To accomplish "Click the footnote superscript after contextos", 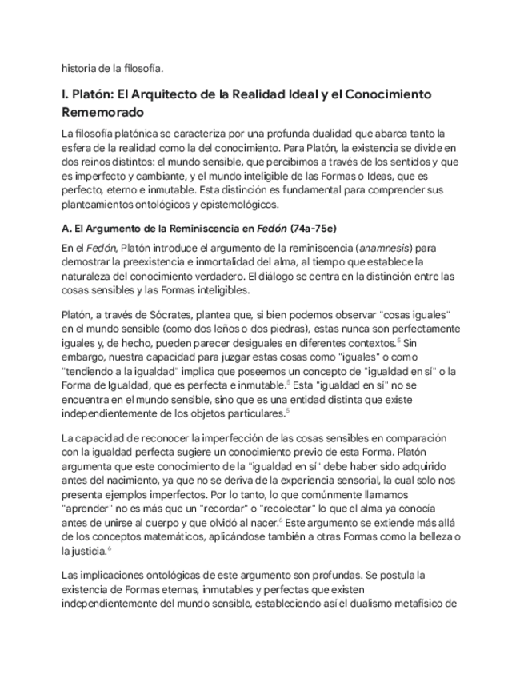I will (x=398, y=340).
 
